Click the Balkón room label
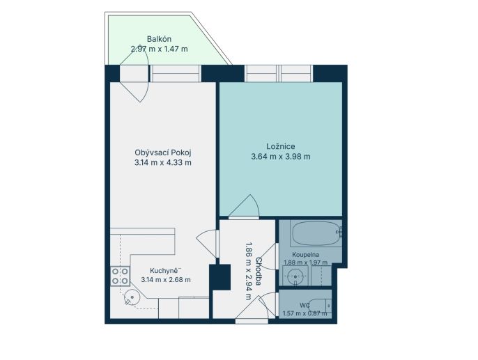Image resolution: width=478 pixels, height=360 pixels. click(159, 39)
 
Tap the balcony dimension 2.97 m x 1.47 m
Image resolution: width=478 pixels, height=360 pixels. click(159, 49)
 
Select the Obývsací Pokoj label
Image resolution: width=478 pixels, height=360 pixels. click(163, 152)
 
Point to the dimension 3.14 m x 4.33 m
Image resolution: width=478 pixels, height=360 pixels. click(163, 162)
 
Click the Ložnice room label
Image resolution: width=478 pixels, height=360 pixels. click(281, 146)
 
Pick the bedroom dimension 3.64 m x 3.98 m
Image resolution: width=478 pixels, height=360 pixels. click(281, 157)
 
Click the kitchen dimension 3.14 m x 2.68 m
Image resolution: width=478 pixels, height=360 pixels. click(166, 279)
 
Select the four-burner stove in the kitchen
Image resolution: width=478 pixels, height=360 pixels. click(120, 276)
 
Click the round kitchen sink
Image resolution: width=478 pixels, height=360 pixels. click(132, 297)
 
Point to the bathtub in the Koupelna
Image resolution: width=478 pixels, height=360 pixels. click(316, 233)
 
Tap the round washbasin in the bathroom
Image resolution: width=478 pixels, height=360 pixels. click(295, 276)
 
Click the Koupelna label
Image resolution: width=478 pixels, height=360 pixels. click(305, 254)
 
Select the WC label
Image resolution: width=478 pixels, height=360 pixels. click(305, 306)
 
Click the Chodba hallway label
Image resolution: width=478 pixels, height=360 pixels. click(259, 272)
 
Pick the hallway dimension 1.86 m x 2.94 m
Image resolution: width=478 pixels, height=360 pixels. click(249, 271)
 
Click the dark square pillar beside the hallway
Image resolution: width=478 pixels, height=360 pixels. click(219, 277)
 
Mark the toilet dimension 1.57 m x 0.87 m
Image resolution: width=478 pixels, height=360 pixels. click(305, 313)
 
